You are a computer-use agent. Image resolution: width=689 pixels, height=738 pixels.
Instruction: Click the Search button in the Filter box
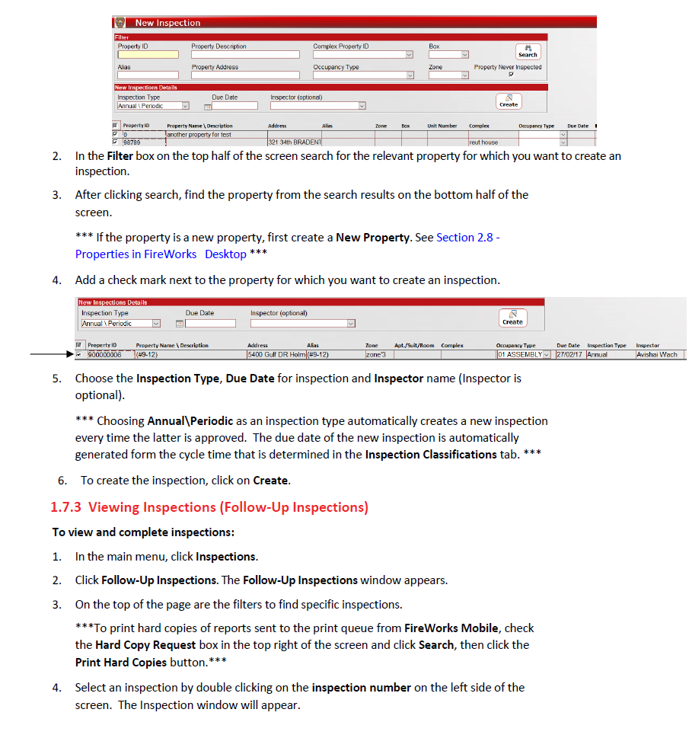pyautogui.click(x=528, y=52)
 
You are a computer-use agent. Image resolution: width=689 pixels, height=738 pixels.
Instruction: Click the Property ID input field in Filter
pyautogui.click(x=148, y=55)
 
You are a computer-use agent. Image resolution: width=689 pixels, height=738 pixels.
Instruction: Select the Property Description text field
pyautogui.click(x=245, y=55)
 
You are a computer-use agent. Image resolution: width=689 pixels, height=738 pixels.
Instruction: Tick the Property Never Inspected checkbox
pyautogui.click(x=511, y=75)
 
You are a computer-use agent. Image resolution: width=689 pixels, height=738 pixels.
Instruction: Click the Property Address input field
pyautogui.click(x=245, y=75)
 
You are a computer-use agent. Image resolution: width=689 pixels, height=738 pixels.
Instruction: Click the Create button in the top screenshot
pyautogui.click(x=509, y=101)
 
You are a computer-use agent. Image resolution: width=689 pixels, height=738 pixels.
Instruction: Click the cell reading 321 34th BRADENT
pyautogui.click(x=295, y=142)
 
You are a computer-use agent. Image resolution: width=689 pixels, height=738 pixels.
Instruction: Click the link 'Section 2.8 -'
pyautogui.click(x=467, y=238)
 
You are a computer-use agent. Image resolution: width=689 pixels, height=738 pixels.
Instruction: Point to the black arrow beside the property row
pyautogui.click(x=50, y=355)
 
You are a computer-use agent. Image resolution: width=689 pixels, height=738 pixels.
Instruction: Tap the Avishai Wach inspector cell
pyautogui.click(x=659, y=355)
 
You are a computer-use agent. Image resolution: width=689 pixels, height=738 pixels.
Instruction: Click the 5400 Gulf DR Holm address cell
pyautogui.click(x=276, y=355)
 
